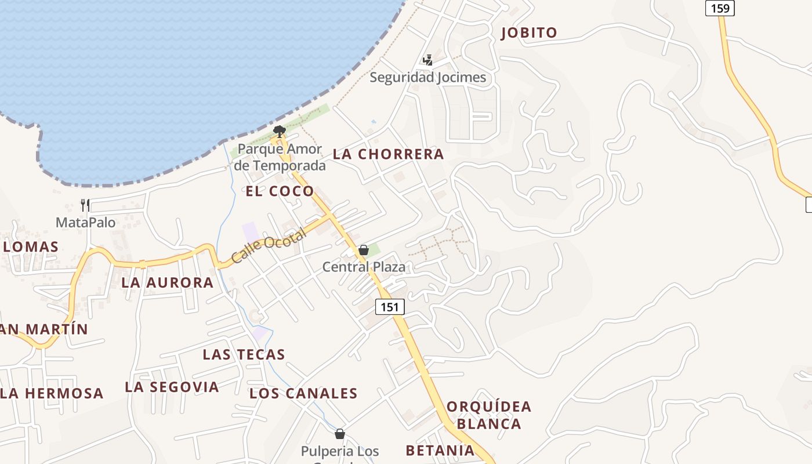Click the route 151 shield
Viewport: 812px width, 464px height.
pyautogui.click(x=390, y=307)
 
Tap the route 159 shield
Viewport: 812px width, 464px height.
pyautogui.click(x=720, y=8)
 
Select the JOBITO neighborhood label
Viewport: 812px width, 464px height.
pyautogui.click(x=529, y=33)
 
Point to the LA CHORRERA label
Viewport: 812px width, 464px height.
pyautogui.click(x=388, y=154)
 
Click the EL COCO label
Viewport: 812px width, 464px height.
pyautogui.click(x=280, y=191)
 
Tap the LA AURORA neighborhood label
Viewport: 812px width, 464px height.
pyautogui.click(x=168, y=283)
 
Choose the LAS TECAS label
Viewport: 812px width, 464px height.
pyautogui.click(x=244, y=354)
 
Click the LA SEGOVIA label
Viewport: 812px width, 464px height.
pyautogui.click(x=172, y=387)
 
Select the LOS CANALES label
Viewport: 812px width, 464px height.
pyautogui.click(x=303, y=393)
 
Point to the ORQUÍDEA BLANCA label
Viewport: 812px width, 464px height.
pyautogui.click(x=489, y=415)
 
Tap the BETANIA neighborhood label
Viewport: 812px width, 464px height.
pyautogui.click(x=440, y=450)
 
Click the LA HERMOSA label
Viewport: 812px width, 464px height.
pyautogui.click(x=52, y=393)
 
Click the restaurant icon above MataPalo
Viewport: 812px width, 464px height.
pyautogui.click(x=85, y=205)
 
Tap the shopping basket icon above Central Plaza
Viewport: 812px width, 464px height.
pyautogui.click(x=364, y=251)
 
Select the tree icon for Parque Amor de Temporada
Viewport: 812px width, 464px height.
pyautogui.click(x=280, y=131)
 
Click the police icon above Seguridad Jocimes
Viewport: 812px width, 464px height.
pyautogui.click(x=428, y=60)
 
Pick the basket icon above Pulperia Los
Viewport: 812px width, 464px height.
pyautogui.click(x=340, y=434)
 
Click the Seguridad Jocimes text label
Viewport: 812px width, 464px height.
pyautogui.click(x=428, y=77)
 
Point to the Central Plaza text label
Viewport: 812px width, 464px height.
pyautogui.click(x=364, y=267)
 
